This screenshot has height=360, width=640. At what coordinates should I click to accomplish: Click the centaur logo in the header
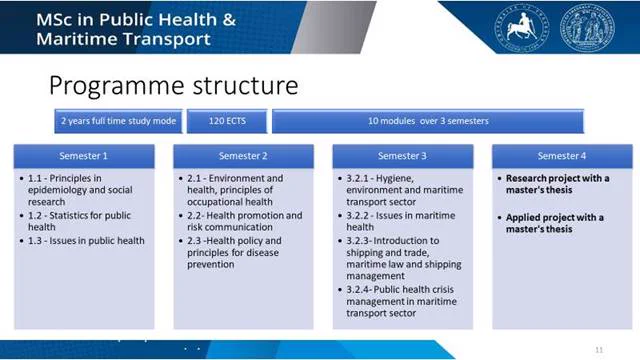[x=522, y=28]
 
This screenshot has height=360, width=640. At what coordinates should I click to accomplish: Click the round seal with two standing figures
[x=587, y=28]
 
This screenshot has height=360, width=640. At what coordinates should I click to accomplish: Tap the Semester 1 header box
[x=84, y=156]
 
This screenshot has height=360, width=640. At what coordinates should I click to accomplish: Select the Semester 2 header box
[x=243, y=156]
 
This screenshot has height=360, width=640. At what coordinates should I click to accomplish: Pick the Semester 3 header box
[x=403, y=156]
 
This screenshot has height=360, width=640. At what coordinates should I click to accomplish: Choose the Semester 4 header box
[x=562, y=156]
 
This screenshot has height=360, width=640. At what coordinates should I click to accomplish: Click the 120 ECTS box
[x=227, y=121]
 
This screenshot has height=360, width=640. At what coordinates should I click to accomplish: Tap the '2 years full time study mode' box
[x=118, y=121]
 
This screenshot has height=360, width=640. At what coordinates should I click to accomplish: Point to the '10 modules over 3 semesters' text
[x=428, y=121]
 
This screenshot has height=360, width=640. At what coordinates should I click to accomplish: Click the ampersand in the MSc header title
[x=229, y=20]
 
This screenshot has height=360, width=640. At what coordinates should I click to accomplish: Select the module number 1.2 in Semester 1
[x=35, y=216]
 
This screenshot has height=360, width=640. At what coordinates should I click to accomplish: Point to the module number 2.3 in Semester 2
[x=194, y=241]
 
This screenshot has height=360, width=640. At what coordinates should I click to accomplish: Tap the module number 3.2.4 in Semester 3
[x=358, y=289]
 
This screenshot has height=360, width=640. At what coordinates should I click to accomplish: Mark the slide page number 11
[x=599, y=350]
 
